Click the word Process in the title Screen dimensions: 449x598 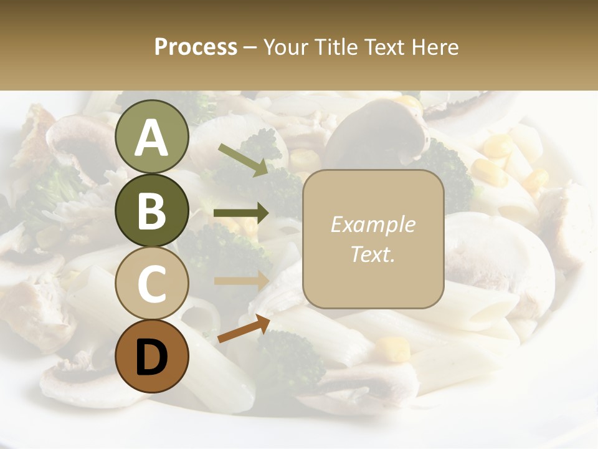pos(196,47)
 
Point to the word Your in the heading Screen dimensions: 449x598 pos(287,47)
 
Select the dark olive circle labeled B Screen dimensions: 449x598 pos(151,211)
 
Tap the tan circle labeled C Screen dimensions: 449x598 pos(151,284)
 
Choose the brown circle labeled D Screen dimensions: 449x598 pos(151,356)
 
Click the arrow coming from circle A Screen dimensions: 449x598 pos(243,160)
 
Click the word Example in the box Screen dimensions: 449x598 pos(373,224)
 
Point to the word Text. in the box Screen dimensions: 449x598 pos(373,254)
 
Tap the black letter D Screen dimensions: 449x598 pos(151,357)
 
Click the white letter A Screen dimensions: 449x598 pos(151,138)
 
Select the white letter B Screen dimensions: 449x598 pos(151,211)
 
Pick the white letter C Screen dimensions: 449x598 pos(151,284)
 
